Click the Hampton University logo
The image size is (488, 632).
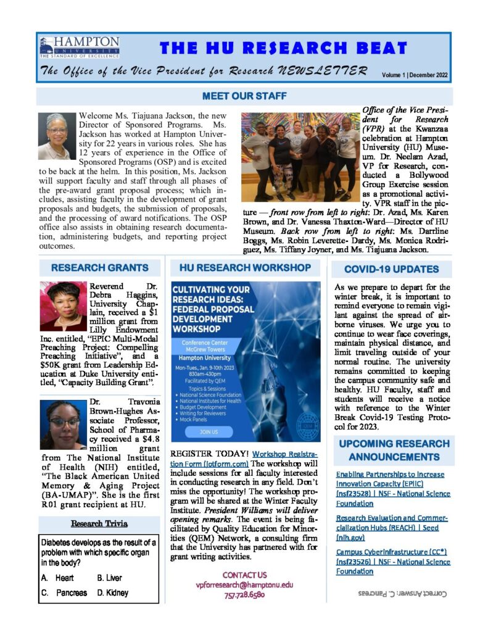point(79,48)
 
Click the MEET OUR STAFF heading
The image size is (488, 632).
point(244,96)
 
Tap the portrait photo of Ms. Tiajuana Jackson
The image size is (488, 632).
point(57,136)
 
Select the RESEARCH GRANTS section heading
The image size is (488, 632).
point(100,268)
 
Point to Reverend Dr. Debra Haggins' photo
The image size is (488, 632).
point(63,306)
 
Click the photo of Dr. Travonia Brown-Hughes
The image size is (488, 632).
point(63,425)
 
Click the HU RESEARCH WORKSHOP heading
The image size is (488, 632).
point(245,268)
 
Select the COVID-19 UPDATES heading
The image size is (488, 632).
point(391,269)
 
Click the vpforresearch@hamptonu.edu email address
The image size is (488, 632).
point(244,584)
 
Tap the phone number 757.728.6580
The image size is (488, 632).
point(244,595)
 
